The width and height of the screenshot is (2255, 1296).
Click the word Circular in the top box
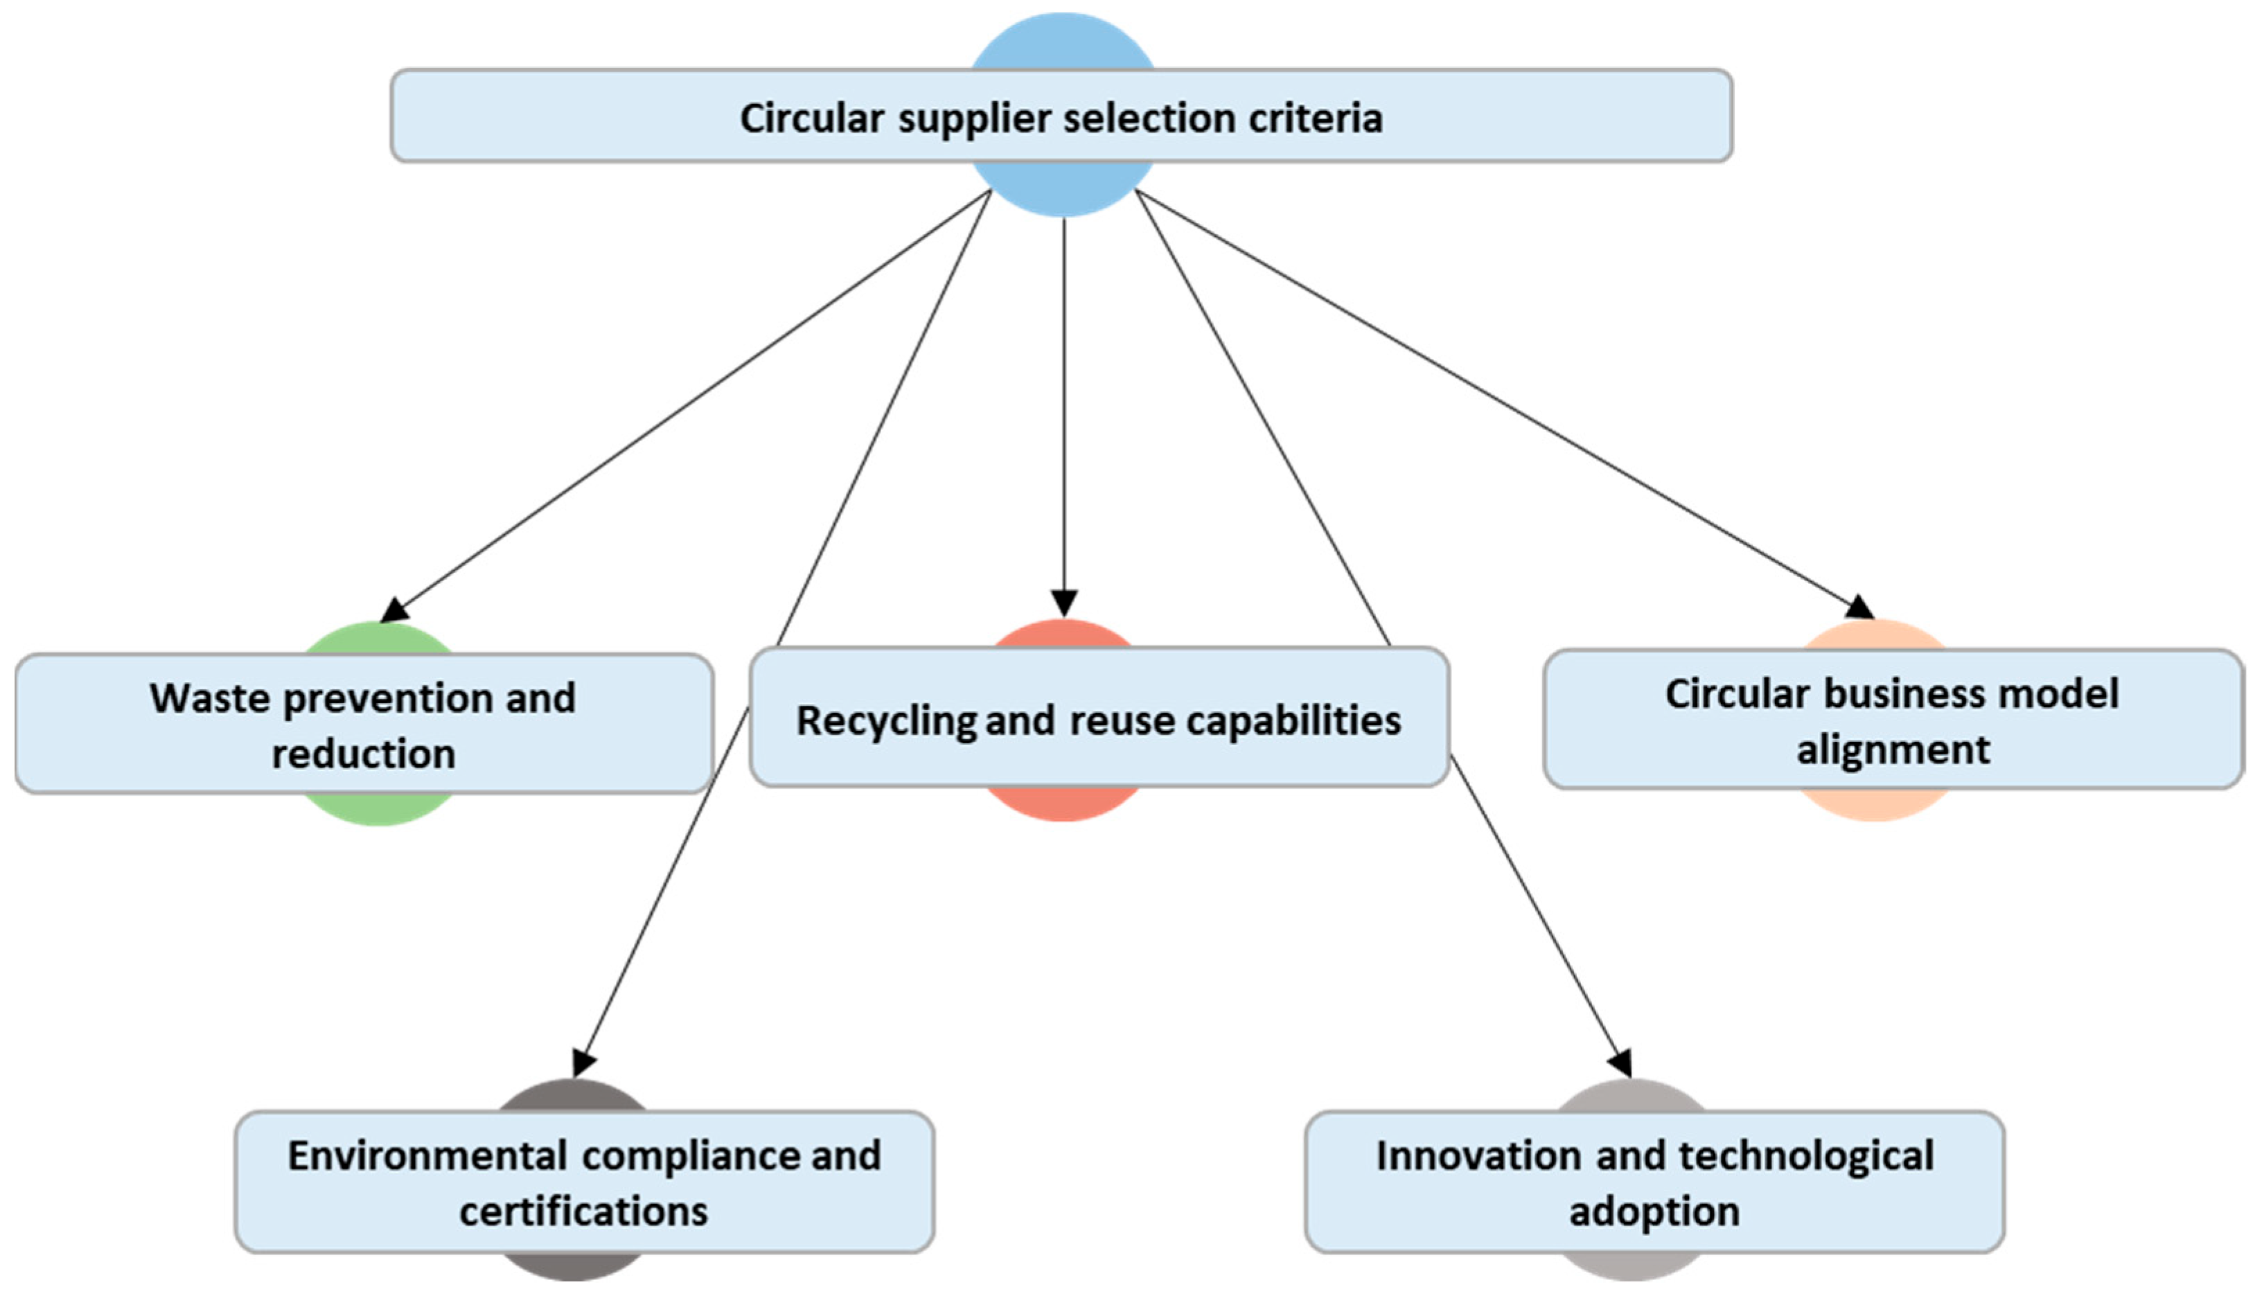[x=811, y=118]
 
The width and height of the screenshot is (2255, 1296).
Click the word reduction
[x=363, y=754]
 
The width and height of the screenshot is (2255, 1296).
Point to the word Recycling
[x=886, y=721]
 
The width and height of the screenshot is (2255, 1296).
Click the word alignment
[x=1893, y=749]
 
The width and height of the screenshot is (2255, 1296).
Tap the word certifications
[x=583, y=1211]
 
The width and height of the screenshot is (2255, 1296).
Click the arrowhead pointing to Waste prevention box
[x=393, y=612]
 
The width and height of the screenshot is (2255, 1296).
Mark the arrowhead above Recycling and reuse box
[x=1064, y=603]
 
